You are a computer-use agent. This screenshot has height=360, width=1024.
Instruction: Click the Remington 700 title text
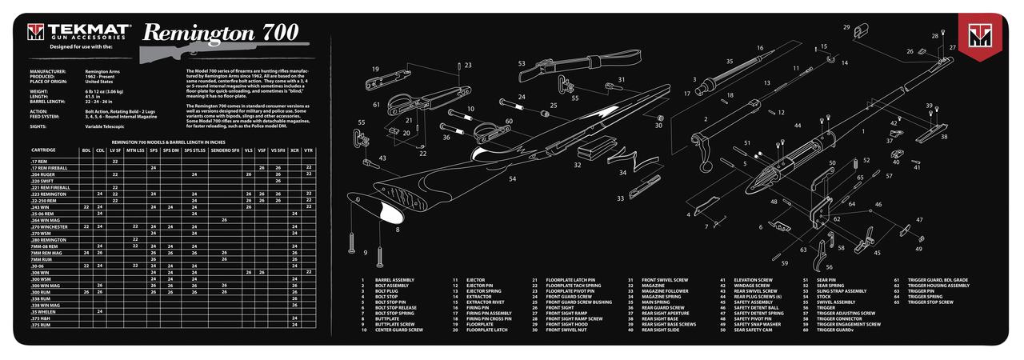221,32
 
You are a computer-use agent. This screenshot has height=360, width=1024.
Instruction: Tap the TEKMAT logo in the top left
78,32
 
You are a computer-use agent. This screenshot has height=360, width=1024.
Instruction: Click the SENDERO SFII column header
224,150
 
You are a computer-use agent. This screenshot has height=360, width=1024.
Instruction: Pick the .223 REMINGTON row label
49,194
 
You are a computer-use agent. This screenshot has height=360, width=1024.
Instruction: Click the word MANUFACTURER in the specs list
47,71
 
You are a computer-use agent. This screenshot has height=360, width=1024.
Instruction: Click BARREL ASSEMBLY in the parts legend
394,279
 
